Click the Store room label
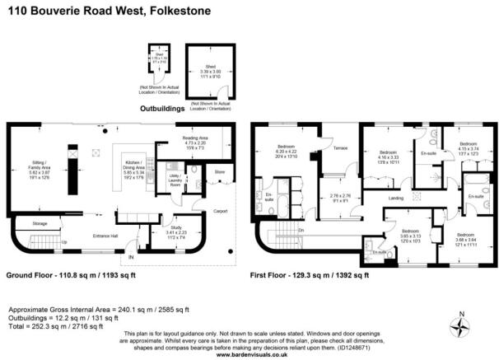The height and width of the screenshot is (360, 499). pos(219,172)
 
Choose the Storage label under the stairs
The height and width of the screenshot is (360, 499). pos(39,222)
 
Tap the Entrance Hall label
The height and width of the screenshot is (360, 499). pos(105,235)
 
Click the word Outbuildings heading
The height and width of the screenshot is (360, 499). pos(164,106)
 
